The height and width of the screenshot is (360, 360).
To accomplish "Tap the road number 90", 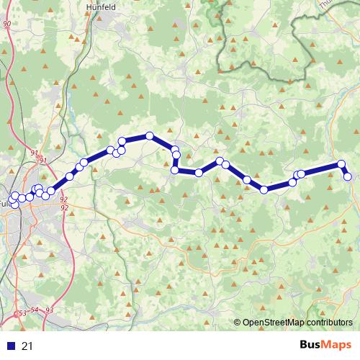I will (6, 24).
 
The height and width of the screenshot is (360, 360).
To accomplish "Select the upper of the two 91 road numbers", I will (35, 153).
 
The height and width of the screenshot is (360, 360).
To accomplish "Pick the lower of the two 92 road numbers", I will (65, 207).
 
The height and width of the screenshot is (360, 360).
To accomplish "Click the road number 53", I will (22, 313).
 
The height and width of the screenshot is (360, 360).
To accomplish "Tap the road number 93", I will (50, 310).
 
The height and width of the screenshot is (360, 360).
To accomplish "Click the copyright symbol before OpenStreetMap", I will (238, 323).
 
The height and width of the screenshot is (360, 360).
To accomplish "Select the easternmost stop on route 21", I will (348, 176).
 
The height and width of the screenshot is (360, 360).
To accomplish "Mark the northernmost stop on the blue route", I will (149, 135).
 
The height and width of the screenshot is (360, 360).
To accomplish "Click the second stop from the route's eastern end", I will (341, 164).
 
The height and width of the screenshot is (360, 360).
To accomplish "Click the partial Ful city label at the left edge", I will (4, 203).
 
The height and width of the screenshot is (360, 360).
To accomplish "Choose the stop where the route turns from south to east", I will (174, 171).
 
